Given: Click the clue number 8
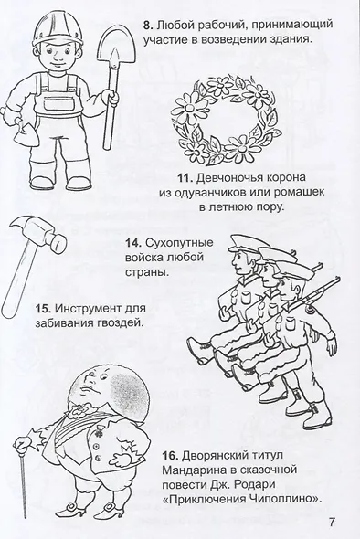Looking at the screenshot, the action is pyautogui.click(x=148, y=26).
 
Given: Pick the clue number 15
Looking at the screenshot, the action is pyautogui.click(x=43, y=308).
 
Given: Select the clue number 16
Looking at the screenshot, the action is pyautogui.click(x=171, y=456).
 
